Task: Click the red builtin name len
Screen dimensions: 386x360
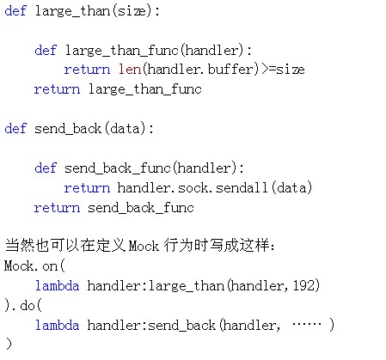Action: [130, 70]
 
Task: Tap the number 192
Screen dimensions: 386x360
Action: [303, 285]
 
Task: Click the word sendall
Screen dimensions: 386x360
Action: [242, 187]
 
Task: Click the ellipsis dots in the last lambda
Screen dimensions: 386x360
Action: [307, 325]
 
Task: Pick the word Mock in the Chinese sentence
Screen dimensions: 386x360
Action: [144, 246]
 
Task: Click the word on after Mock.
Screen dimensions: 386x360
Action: [50, 266]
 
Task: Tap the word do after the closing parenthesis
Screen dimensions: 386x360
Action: [28, 305]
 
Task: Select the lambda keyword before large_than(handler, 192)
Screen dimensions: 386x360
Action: [57, 285]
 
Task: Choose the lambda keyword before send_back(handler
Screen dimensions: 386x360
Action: [57, 325]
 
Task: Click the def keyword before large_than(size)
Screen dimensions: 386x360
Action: [15, 10]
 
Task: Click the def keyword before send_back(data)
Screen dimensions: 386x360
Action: [15, 128]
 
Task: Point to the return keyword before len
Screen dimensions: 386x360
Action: [87, 70]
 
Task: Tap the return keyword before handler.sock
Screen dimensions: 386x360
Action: [87, 188]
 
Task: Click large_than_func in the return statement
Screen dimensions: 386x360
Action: [145, 89]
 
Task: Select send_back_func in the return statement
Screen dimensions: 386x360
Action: [141, 207]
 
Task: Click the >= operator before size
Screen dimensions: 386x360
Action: [269, 70]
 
